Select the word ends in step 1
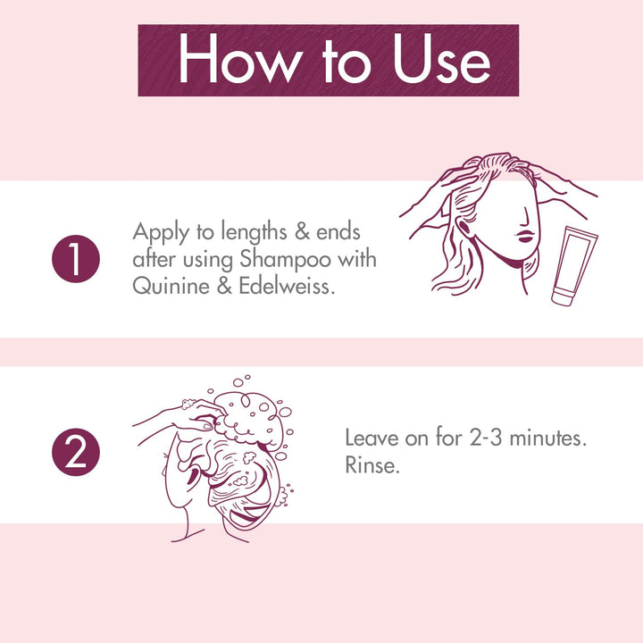(339, 234)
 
